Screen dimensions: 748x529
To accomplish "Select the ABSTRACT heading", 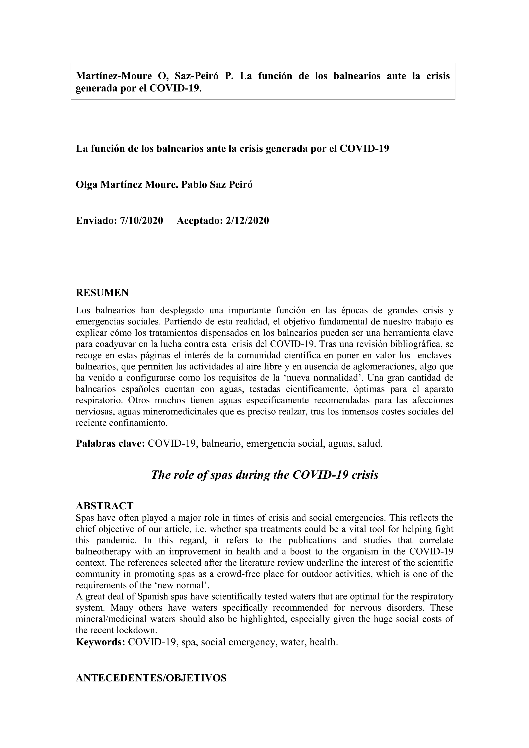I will coord(105,506).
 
